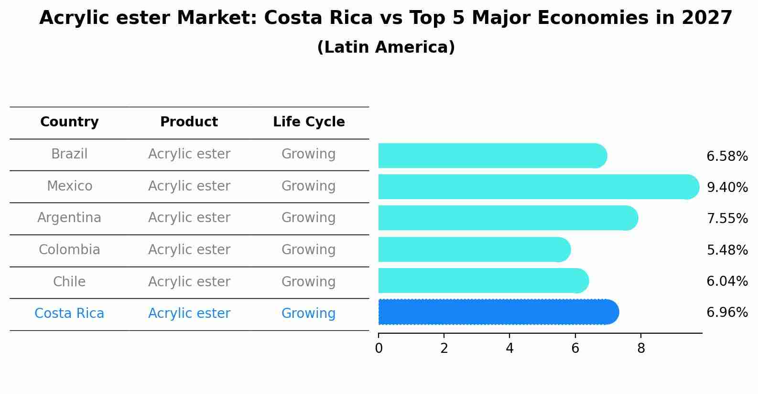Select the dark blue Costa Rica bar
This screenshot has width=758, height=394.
[x=497, y=312]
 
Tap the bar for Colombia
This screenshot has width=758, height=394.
[x=473, y=249]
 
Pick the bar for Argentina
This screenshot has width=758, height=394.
[x=507, y=218]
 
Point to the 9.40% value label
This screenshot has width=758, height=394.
[x=727, y=187]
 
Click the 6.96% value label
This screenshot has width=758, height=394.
[x=727, y=313]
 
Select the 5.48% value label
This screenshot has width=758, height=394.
[x=727, y=250]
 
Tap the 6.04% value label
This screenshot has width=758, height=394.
[x=727, y=281]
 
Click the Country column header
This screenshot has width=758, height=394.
[x=69, y=122]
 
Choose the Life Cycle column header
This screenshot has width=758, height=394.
[x=309, y=122]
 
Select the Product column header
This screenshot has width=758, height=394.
[x=189, y=122]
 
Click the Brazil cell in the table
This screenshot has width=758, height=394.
[x=69, y=154]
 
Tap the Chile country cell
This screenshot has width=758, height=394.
[x=69, y=281]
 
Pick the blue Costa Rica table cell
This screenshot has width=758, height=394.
[x=69, y=313]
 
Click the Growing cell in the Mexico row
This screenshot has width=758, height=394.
[x=308, y=186]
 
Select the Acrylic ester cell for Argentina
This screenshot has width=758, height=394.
[x=189, y=218]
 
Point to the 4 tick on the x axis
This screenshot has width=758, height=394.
[x=509, y=349]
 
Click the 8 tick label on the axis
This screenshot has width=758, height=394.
[x=641, y=349]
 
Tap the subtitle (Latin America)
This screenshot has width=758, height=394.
[x=386, y=47]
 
